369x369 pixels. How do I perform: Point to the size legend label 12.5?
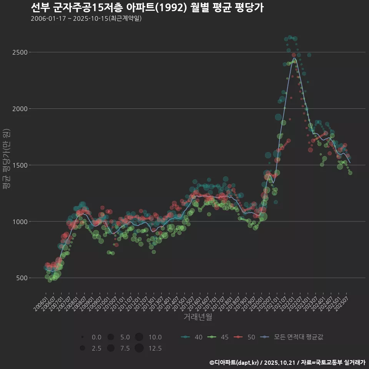tap(155, 349)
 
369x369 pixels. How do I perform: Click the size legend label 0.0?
tap(96, 337)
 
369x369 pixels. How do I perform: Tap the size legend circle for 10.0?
tap(139, 337)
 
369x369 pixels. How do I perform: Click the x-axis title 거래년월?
tap(198, 317)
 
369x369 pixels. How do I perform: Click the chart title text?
tap(147, 7)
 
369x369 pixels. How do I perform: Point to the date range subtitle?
tap(86, 18)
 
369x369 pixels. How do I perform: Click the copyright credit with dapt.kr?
tap(287, 362)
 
